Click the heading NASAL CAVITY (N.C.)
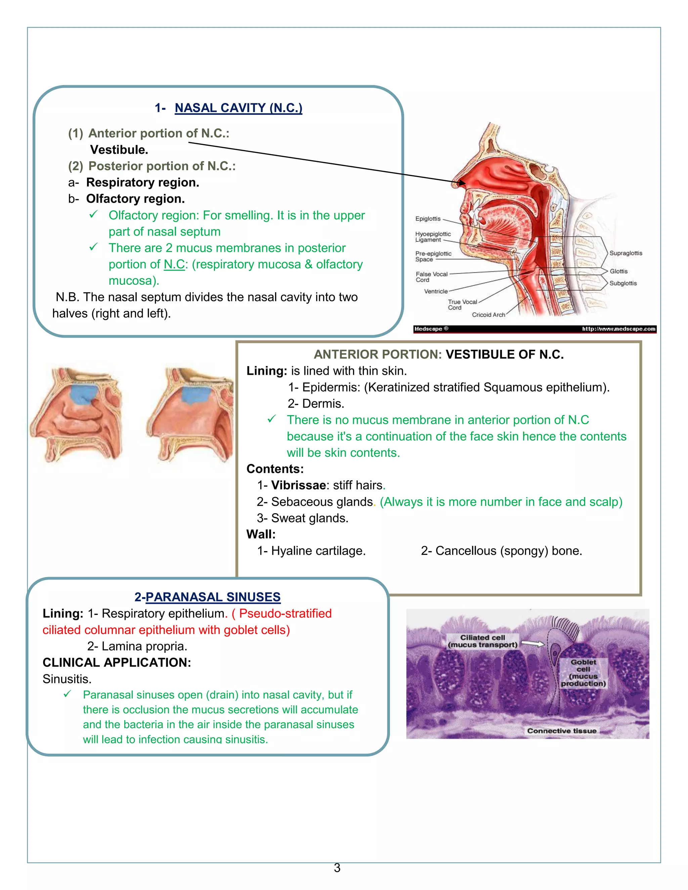coord(239,108)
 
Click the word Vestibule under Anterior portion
coord(119,150)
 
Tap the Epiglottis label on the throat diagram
coord(428,219)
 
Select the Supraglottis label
coord(626,253)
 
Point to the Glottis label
coord(618,271)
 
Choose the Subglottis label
coord(623,283)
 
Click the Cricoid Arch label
coord(488,315)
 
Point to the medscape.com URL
coord(618,329)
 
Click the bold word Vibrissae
coord(298,485)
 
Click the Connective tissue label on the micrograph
coord(562,731)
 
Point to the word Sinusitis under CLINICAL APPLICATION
coord(67,679)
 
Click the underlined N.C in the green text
coord(174,264)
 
